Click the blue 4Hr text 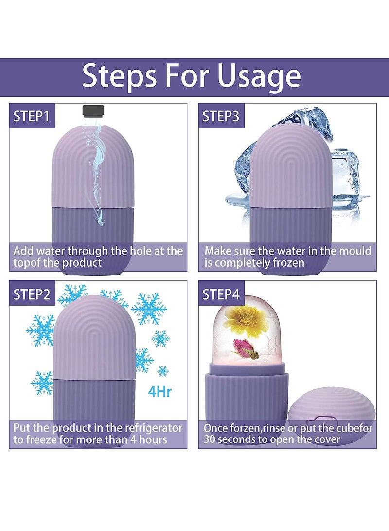click(x=160, y=391)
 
